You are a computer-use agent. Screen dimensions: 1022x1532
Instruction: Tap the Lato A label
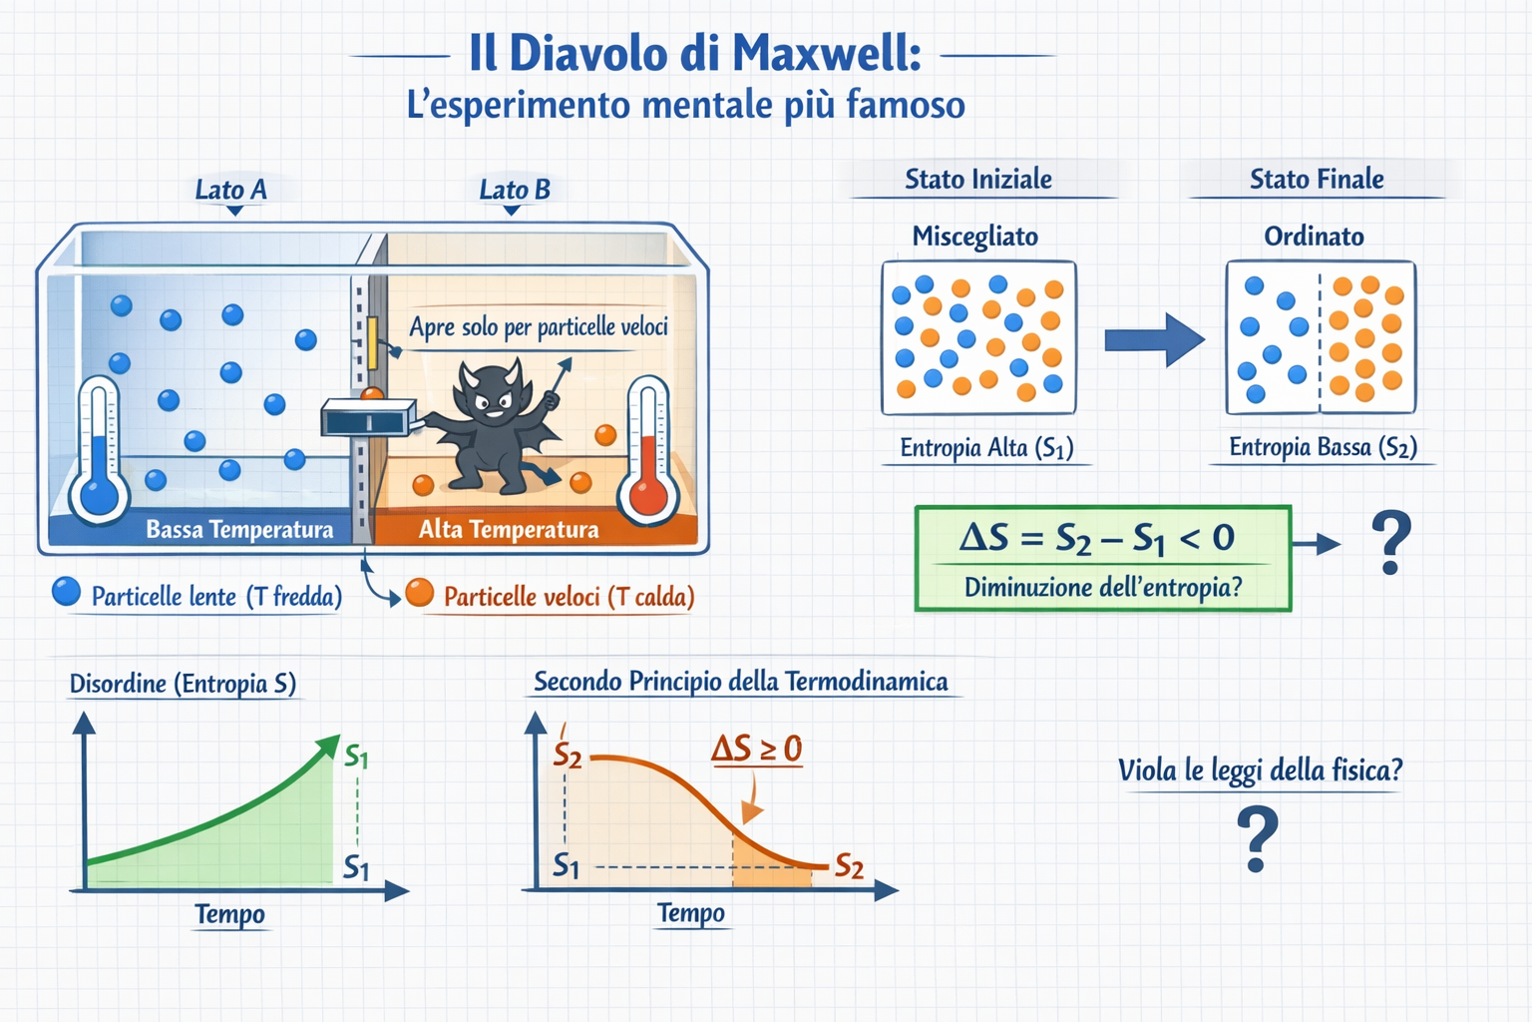230,189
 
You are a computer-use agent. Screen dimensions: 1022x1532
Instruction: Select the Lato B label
514,189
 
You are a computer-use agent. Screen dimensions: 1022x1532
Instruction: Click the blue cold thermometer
99,454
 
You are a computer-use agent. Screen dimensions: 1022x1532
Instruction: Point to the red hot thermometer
648,454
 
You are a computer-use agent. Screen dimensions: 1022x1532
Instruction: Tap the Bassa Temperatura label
239,529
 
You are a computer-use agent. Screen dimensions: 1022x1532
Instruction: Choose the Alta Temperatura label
509,529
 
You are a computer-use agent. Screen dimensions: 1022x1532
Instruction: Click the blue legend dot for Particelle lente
66,592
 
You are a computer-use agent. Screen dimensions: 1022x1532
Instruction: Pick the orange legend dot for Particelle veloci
420,593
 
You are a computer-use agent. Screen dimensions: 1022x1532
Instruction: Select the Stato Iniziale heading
977,179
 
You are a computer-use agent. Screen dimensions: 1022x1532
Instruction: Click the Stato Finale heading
1317,179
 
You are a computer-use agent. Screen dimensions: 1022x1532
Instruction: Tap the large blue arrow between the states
1153,340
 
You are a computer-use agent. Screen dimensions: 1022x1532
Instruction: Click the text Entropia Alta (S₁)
986,448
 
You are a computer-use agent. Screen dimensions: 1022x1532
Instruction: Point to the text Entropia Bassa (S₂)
1323,447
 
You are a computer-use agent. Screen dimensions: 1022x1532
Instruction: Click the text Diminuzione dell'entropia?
1103,587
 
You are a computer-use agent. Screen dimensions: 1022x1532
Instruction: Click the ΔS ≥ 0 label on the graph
756,749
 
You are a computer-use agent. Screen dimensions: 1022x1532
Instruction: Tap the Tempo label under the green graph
229,914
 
